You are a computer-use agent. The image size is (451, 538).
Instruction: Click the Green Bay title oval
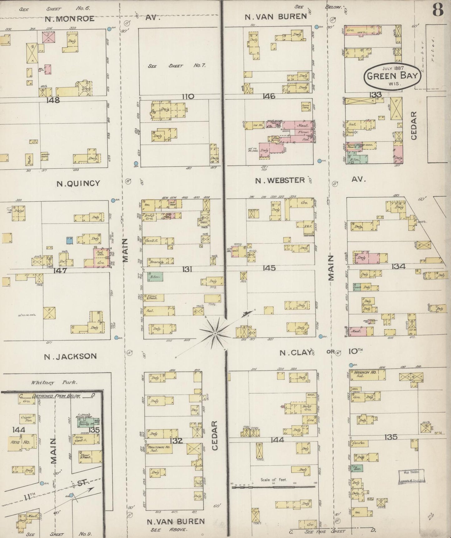pos(392,75)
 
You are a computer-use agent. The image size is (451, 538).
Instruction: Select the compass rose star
pos(215,334)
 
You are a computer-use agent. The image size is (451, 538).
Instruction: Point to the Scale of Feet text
pos(273,480)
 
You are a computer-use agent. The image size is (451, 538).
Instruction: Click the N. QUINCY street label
pos(78,184)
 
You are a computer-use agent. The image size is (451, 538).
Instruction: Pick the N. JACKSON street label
pos(70,356)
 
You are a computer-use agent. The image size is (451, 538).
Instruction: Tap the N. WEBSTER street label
pos(280,180)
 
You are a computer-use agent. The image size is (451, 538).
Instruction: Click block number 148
pos(52,100)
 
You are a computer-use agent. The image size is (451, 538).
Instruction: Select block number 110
pos(188,96)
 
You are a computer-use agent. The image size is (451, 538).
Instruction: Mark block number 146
pos(269,96)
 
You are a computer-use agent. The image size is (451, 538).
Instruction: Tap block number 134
pos(399,266)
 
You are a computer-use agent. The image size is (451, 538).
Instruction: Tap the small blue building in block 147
pos(70,240)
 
